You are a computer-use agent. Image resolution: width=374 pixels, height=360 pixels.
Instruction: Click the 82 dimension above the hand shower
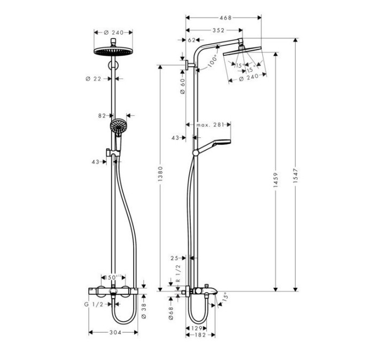click(x=103, y=115)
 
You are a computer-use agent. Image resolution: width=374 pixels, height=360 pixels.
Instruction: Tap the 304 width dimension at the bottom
click(x=114, y=333)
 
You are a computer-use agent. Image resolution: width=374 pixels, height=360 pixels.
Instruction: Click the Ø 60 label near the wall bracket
click(x=182, y=86)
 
